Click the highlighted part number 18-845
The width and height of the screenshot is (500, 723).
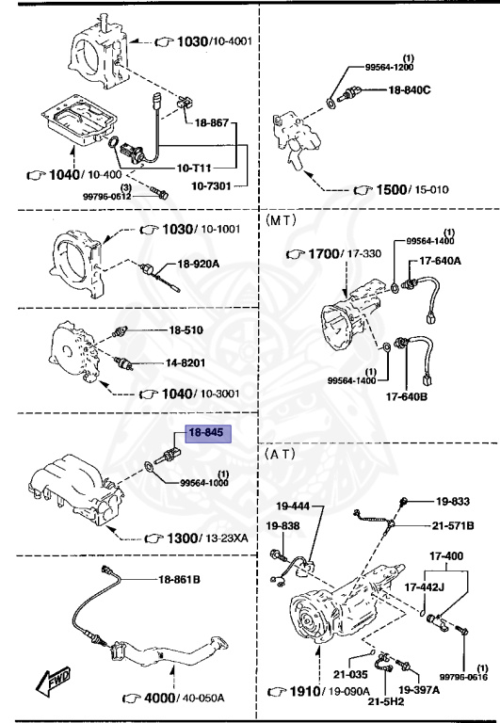tap(208, 434)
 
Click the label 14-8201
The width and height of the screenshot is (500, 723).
tap(186, 362)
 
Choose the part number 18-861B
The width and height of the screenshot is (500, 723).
tap(179, 579)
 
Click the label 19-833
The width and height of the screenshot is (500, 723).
tap(454, 502)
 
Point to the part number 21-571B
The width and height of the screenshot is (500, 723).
tap(454, 524)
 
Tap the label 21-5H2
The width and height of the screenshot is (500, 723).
tap(386, 701)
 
